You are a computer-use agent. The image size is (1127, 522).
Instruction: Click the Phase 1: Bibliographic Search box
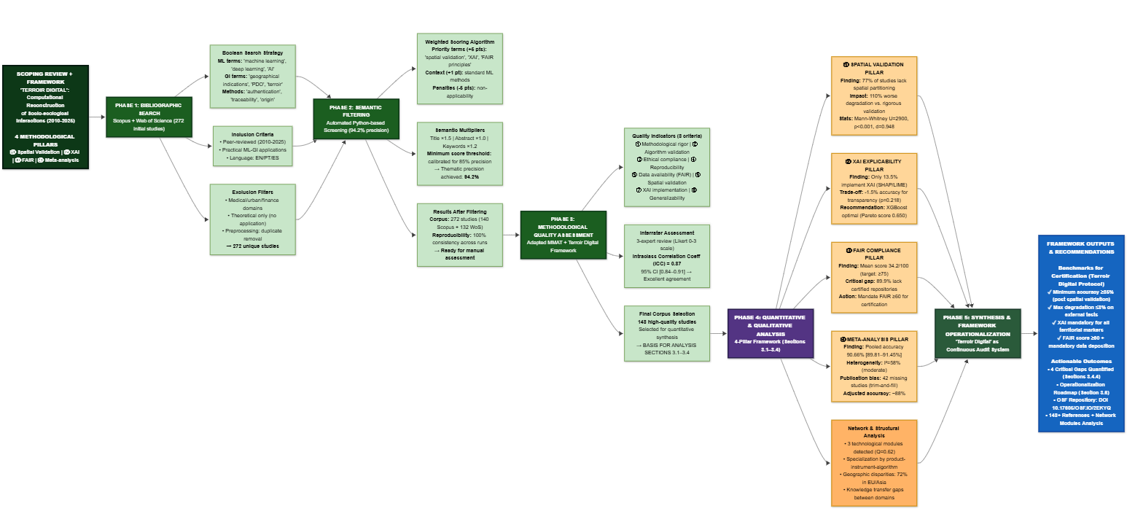point(149,117)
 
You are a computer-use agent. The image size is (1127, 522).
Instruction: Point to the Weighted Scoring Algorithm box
point(460,68)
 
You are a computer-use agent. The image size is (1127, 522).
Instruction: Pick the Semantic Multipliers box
point(460,154)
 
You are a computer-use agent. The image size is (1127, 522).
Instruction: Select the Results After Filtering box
point(460,233)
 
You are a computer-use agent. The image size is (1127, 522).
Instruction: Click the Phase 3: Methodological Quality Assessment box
point(563,234)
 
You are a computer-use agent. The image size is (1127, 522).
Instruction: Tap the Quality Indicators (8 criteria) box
point(666,168)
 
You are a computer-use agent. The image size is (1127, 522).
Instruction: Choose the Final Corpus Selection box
point(666,332)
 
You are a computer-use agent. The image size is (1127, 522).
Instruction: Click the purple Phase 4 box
point(770,332)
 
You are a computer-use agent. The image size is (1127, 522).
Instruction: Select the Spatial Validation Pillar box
point(873,96)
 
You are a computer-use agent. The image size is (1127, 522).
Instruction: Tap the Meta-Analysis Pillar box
point(873,365)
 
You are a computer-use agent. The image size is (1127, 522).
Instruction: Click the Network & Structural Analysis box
point(873,462)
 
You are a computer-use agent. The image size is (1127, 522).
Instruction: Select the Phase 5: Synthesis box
point(978,333)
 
